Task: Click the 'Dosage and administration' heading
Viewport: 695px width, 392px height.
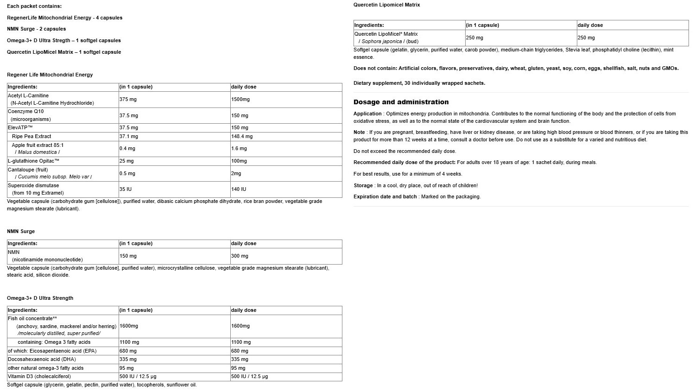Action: (x=401, y=102)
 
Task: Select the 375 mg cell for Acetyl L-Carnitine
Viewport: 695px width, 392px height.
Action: (x=128, y=99)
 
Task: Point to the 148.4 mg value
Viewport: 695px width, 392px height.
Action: (x=242, y=136)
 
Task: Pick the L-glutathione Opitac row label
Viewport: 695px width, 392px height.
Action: (x=33, y=161)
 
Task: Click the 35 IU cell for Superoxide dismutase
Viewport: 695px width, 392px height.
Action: (x=125, y=189)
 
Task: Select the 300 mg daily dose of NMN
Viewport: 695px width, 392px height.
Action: (x=240, y=256)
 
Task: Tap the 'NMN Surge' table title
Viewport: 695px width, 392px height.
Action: (x=21, y=231)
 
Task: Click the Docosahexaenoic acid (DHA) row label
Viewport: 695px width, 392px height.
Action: (x=42, y=359)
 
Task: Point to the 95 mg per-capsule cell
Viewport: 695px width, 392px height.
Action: (x=126, y=368)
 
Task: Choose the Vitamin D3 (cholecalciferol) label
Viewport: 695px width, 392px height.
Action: (x=39, y=376)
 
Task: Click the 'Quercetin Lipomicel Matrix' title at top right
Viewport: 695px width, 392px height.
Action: (x=386, y=5)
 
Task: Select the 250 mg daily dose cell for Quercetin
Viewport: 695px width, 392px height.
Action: (x=586, y=38)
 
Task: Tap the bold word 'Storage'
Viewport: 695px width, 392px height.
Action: (x=363, y=185)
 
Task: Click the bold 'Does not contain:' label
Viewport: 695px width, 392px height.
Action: (x=375, y=68)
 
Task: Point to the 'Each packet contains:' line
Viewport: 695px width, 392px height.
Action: (x=34, y=6)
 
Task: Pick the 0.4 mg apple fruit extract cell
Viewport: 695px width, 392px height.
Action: (x=127, y=148)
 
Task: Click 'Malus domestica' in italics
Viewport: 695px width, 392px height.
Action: (x=38, y=152)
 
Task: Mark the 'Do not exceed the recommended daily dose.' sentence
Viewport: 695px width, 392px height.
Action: (x=404, y=151)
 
